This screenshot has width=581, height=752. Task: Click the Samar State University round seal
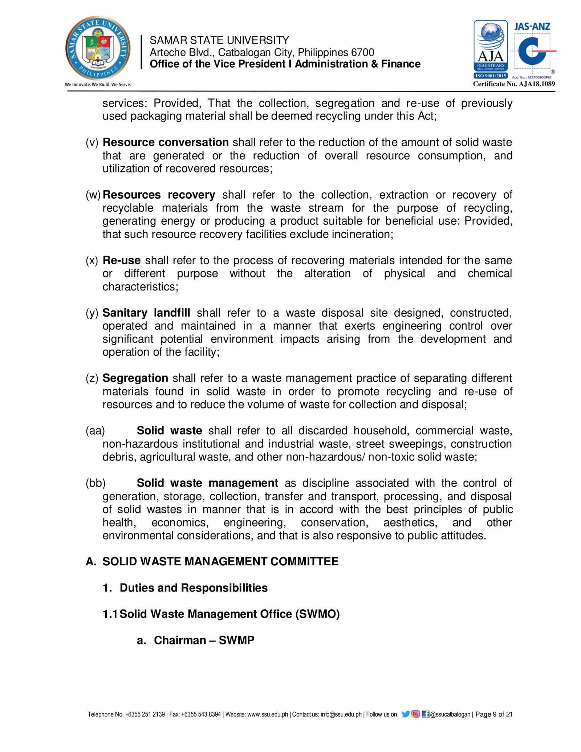tap(98, 48)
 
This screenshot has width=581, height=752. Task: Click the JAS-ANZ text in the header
tap(532, 27)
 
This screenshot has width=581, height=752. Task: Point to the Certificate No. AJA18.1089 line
tap(514, 84)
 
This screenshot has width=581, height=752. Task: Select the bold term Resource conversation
tap(166, 142)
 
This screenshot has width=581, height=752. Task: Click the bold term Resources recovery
tap(159, 195)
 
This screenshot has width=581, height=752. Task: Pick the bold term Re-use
tap(122, 260)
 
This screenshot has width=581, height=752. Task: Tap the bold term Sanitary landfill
tap(146, 313)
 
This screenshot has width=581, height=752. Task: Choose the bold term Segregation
tap(135, 378)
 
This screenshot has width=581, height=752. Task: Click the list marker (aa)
tap(95, 431)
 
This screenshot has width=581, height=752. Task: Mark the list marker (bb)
tap(96, 483)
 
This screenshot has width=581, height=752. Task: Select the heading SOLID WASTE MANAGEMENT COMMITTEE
tap(220, 562)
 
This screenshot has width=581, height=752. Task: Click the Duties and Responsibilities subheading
tap(194, 588)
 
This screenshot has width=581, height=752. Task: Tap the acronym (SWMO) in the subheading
tap(318, 614)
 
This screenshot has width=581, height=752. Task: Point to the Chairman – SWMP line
tap(204, 640)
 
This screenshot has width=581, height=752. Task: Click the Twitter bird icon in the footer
tap(405, 714)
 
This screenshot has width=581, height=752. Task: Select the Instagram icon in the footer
tap(415, 714)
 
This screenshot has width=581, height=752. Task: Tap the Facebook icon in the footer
tap(426, 714)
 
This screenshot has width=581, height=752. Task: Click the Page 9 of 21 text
tap(494, 714)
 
